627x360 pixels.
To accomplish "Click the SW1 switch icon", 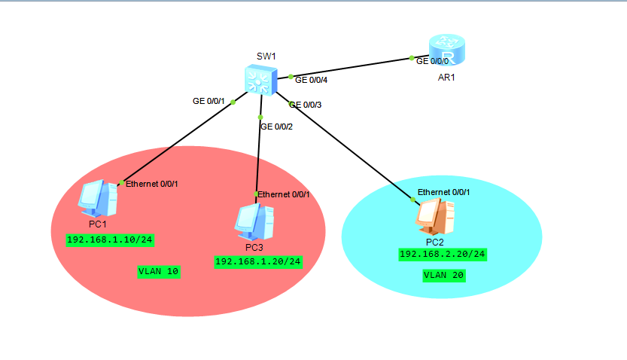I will tap(260, 81).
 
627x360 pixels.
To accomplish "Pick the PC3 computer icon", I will tap(252, 220).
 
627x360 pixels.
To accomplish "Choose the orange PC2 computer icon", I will tap(434, 218).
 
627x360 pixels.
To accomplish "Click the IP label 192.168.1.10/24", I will tap(110, 240).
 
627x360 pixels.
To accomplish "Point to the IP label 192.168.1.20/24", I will tap(258, 261).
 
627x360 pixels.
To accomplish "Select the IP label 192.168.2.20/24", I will tap(443, 255).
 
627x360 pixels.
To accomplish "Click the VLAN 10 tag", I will tap(158, 271).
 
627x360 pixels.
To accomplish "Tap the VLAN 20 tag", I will tap(444, 276).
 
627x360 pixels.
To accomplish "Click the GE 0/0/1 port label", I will tap(208, 101).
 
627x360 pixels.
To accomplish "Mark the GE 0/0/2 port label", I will tap(276, 127).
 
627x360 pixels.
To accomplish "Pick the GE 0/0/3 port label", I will tap(306, 105).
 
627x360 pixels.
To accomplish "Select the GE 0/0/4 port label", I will tap(312, 79).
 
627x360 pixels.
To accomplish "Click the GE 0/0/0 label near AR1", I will tap(433, 60).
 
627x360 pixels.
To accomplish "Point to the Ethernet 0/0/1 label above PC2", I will tap(444, 192).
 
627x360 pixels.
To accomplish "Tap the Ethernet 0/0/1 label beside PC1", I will tap(152, 184).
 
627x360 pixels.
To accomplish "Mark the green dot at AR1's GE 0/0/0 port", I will tap(412, 58).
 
